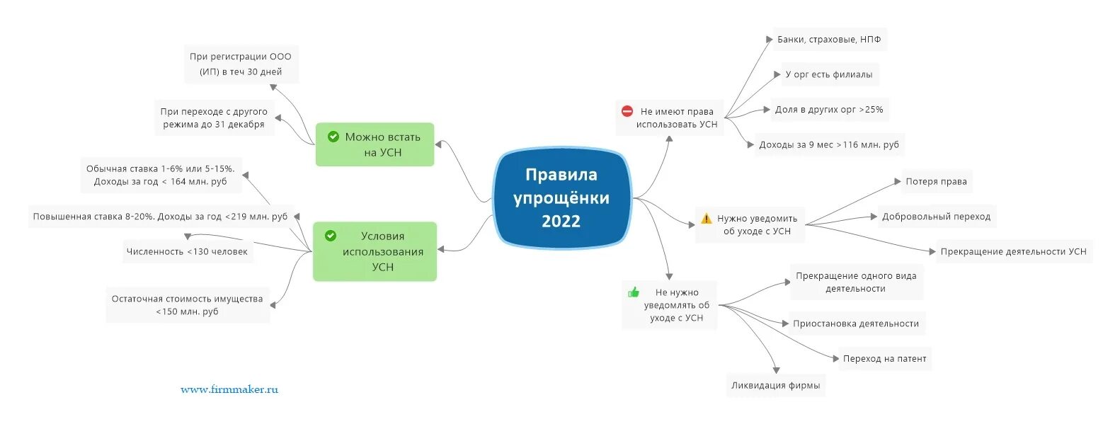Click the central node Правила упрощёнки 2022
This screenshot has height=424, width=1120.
[x=561, y=198]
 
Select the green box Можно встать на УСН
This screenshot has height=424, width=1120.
[x=375, y=144]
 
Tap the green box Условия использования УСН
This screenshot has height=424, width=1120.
[x=375, y=251]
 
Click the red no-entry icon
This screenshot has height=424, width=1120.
[x=627, y=111]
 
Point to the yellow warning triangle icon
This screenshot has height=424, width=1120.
[x=706, y=218]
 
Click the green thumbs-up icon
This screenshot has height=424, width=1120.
[x=633, y=292]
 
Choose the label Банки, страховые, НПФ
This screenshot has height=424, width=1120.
[x=828, y=40]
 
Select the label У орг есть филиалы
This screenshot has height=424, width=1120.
[x=828, y=74]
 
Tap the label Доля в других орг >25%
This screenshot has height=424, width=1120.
[x=828, y=110]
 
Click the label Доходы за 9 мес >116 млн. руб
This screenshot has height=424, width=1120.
[x=828, y=144]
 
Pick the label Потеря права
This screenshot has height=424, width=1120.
[x=936, y=182]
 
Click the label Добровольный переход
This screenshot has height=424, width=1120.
[x=936, y=217]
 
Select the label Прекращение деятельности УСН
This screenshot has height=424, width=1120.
[x=1013, y=251]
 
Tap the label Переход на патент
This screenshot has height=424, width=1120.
[x=884, y=359]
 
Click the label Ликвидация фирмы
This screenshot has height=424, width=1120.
[x=775, y=386]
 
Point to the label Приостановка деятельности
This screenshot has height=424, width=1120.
[x=855, y=323]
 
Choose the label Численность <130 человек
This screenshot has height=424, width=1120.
[x=187, y=251]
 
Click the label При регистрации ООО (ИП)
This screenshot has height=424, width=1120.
[x=241, y=64]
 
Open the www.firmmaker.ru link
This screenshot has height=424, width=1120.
[x=229, y=389]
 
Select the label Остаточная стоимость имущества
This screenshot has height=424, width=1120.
[x=187, y=305]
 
